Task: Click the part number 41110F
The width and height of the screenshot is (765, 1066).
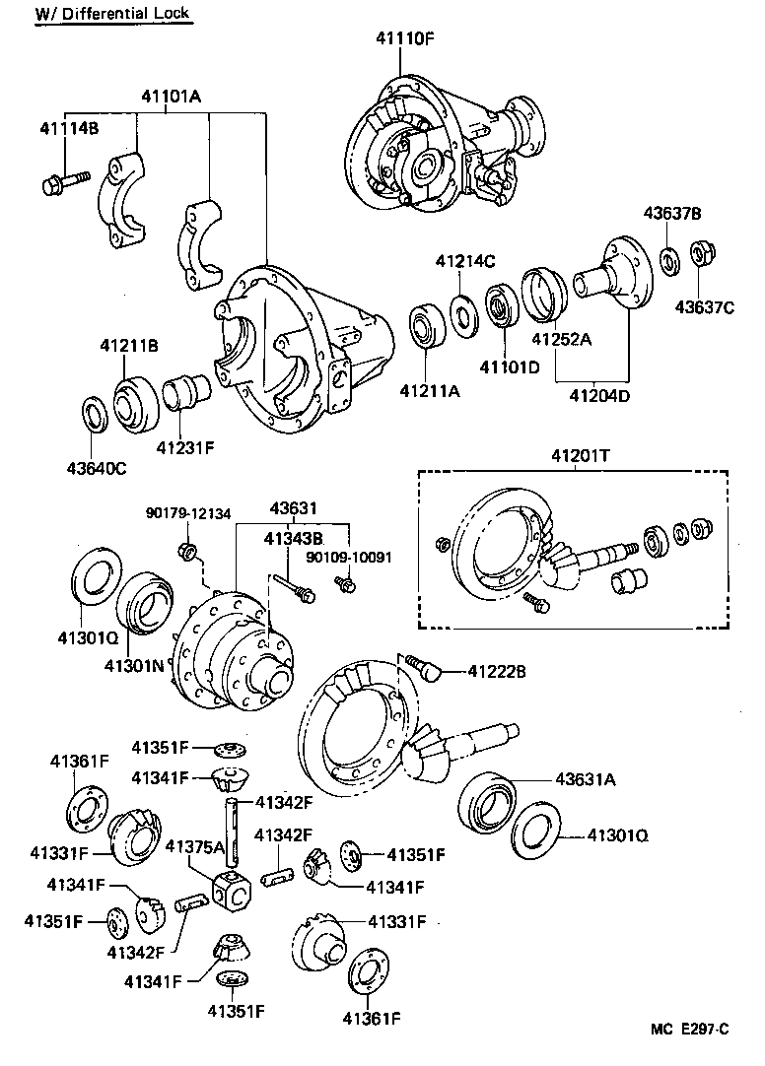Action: (x=404, y=39)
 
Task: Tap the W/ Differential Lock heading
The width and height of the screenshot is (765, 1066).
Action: (x=111, y=14)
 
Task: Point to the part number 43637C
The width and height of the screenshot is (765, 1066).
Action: (x=705, y=306)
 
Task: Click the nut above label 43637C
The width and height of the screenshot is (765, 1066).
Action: (x=704, y=255)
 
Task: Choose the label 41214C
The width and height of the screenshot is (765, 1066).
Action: (x=465, y=261)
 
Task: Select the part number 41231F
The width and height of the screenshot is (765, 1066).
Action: (x=184, y=447)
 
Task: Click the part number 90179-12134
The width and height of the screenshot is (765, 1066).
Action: (x=188, y=513)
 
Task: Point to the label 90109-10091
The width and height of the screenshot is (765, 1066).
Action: (x=349, y=557)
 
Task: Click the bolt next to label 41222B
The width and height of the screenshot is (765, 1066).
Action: (x=430, y=671)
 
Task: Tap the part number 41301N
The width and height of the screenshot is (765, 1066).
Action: (x=136, y=665)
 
